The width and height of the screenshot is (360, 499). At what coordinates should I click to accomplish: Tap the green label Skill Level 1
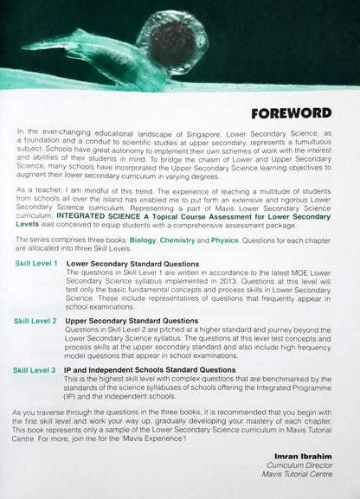click(35, 263)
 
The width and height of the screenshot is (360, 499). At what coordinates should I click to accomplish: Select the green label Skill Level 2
click(35, 321)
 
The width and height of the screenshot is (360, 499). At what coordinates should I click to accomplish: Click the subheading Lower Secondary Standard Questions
click(132, 263)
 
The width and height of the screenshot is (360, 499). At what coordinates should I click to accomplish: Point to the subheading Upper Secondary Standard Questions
click(132, 321)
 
